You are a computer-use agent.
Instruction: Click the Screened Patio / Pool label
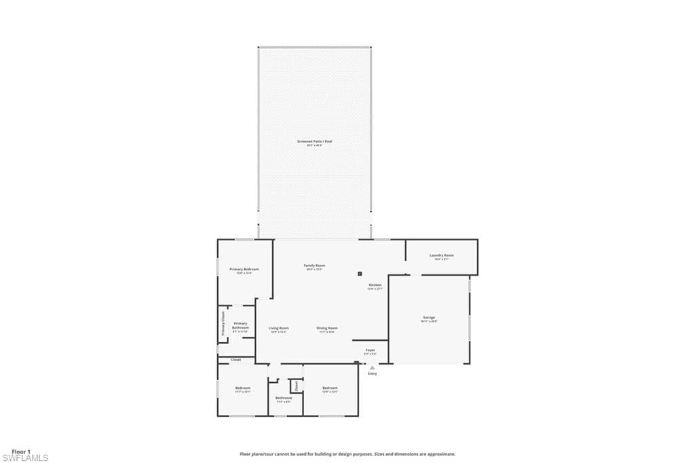[314, 141]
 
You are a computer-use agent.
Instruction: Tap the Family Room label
[314, 265]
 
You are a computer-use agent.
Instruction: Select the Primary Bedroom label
[244, 270]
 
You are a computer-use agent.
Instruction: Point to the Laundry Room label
[441, 255]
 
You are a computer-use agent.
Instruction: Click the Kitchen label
[375, 285]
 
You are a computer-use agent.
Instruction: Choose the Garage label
[428, 318]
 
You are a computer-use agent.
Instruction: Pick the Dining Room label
[326, 328]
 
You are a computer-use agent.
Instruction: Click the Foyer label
[370, 350]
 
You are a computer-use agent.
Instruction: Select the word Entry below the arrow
[372, 373]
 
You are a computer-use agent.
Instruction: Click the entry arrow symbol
[372, 367]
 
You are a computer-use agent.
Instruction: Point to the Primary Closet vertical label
[223, 323]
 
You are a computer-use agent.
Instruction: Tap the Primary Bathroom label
[240, 326]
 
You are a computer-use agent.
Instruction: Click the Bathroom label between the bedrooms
[283, 398]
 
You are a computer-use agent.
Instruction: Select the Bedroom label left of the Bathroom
[243, 388]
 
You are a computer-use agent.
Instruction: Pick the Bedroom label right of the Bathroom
[330, 388]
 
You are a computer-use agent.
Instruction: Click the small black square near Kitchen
[360, 274]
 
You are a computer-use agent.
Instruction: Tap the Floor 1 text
[22, 451]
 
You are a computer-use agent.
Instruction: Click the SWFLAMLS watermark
[25, 458]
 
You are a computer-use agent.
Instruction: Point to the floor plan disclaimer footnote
[347, 454]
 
